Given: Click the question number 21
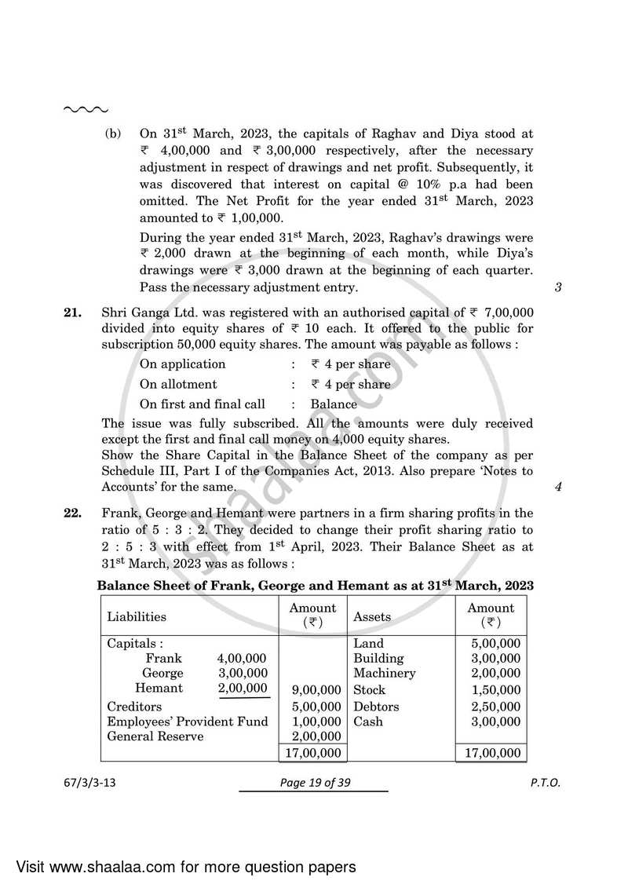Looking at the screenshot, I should coord(72,312).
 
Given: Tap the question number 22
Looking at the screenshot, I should coord(72,513).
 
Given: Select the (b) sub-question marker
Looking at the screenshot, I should coord(114,134).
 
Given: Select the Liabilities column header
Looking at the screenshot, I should coord(137,616).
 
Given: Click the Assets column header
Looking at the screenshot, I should coord(372,616).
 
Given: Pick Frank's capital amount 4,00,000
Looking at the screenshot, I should coord(243,658).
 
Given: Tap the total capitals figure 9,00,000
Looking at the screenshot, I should coord(316,689).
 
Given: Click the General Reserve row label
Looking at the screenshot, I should coord(155,736).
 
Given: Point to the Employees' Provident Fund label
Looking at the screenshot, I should coord(187,722).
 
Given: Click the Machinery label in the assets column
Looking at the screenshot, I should coord(385,673).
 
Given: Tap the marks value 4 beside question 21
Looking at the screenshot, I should coord(557,486).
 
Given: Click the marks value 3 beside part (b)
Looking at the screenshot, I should coord(557,287).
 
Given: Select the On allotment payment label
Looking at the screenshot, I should coord(178,384).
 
